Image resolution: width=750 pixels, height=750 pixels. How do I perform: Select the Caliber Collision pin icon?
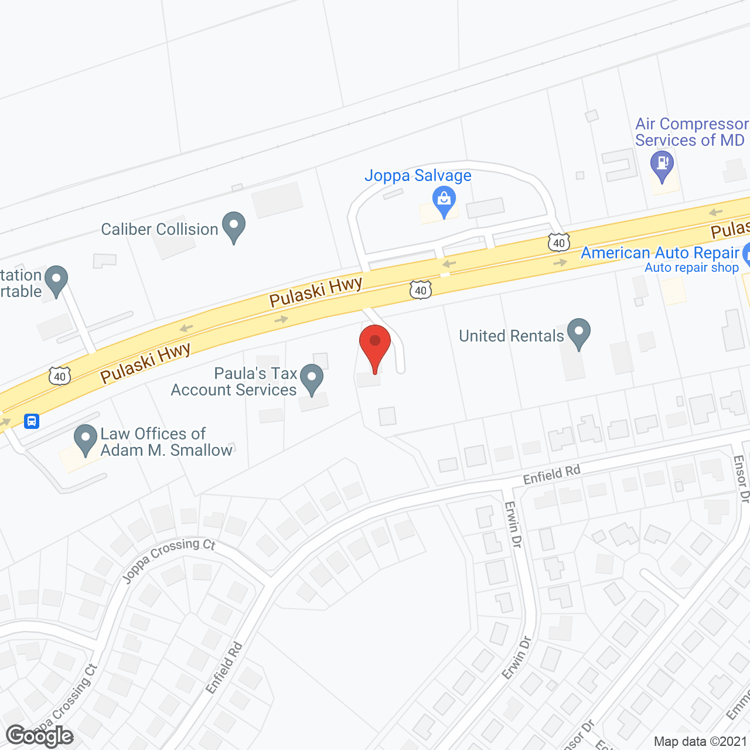[x=234, y=226]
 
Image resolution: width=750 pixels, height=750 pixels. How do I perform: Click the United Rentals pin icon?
[x=579, y=332]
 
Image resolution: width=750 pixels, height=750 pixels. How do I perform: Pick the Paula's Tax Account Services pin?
[x=312, y=378]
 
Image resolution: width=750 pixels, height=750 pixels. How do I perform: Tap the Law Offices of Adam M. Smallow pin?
[x=86, y=438]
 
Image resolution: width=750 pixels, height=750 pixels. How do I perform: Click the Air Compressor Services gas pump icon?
[x=662, y=165]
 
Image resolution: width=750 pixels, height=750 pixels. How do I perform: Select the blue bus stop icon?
[x=32, y=421]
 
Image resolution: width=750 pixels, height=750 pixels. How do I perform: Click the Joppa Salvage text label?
[x=418, y=176]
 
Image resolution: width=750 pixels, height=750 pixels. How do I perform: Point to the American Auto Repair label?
[x=660, y=253]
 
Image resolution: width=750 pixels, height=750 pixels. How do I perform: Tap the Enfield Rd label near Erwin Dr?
[x=551, y=475]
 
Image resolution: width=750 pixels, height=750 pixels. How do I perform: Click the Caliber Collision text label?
[x=159, y=229]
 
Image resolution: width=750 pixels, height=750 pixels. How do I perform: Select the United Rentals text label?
[x=511, y=336]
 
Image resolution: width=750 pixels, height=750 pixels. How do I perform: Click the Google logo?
[x=40, y=736]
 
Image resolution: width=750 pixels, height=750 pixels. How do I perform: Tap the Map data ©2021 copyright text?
[x=701, y=742]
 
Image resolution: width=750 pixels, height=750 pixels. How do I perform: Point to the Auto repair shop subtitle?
[x=691, y=268]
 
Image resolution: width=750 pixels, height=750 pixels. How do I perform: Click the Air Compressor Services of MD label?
[x=690, y=132]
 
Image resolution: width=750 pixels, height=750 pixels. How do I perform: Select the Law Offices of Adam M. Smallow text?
[x=166, y=442]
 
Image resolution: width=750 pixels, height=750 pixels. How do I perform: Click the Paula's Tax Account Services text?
[x=234, y=381]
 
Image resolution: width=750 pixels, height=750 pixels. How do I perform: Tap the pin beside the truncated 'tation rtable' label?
[x=56, y=279]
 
